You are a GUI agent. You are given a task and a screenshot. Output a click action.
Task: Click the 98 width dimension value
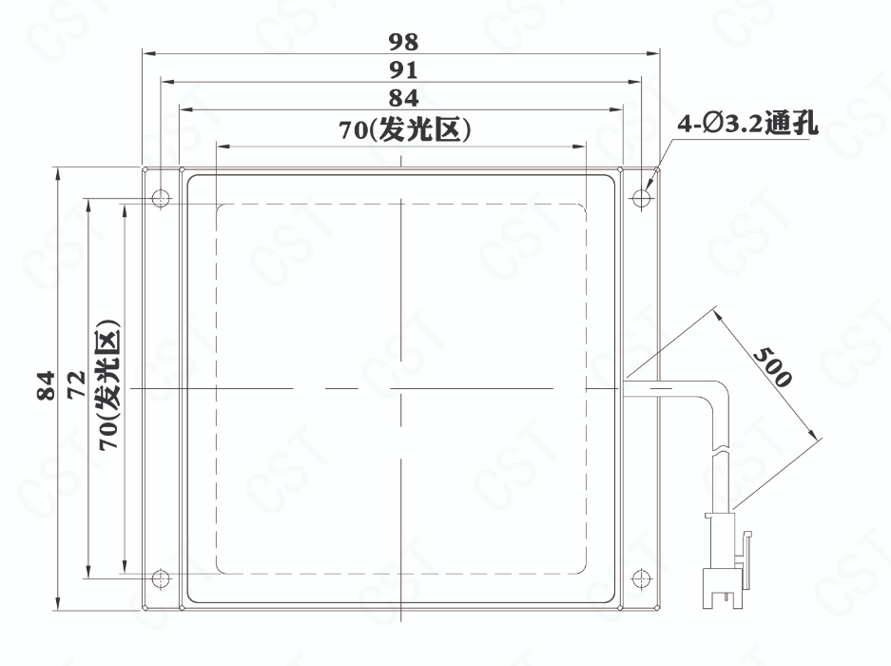403,42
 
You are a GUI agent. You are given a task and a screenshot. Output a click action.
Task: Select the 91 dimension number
403,70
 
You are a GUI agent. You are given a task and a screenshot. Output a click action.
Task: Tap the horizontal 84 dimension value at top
403,98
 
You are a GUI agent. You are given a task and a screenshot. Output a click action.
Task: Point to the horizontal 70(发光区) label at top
404,129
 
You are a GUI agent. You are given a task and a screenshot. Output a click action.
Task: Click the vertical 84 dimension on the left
46,385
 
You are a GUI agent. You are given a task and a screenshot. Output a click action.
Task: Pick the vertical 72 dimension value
75,385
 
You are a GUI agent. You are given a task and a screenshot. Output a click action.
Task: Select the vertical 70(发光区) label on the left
108,385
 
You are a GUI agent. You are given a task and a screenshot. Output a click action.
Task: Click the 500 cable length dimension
772,367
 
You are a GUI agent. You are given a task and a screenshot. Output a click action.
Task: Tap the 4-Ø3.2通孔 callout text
747,124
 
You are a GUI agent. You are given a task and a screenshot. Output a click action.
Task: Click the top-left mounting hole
161,199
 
